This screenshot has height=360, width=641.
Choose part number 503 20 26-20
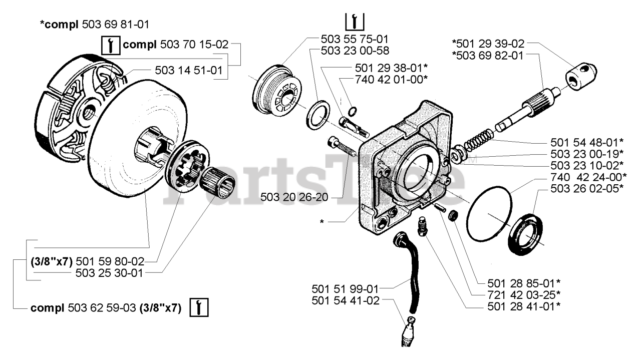point(294,197)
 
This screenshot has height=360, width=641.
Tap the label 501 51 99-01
point(345,289)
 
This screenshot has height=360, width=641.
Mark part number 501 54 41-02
point(345,300)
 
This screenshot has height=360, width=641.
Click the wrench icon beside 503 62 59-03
point(199,306)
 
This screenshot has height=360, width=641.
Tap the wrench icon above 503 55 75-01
point(355,21)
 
